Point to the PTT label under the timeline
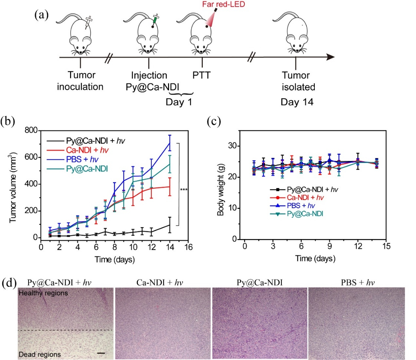pyautogui.click(x=202, y=75)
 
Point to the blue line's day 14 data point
pyautogui.click(x=170, y=143)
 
